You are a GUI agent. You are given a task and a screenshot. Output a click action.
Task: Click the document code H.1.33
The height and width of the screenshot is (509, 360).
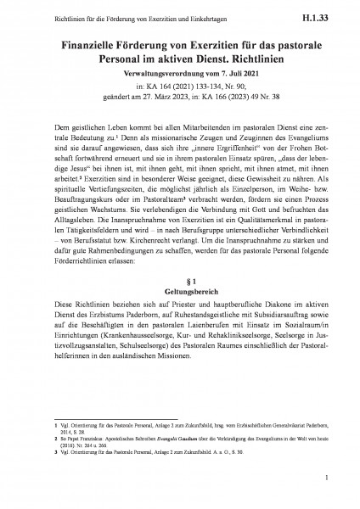(x=327, y=12)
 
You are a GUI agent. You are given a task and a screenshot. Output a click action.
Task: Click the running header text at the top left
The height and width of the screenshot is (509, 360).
(x=110, y=12)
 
